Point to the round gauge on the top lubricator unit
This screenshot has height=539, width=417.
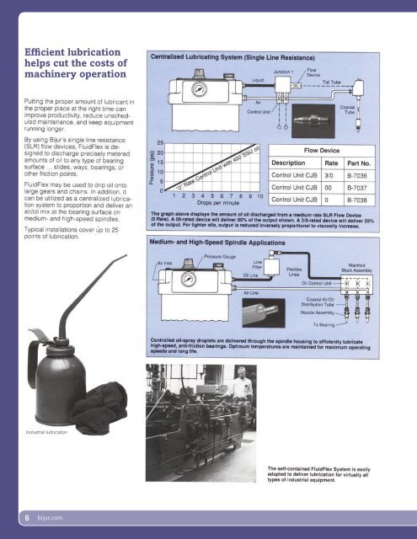pos(198,88)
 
